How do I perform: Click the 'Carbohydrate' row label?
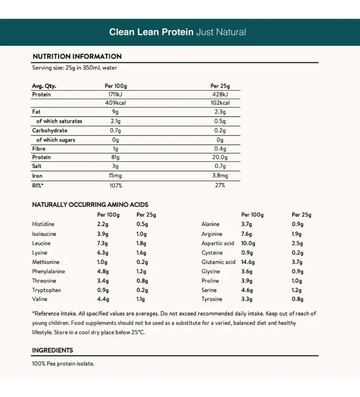[x=51, y=130]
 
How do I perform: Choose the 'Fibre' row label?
[x=39, y=148]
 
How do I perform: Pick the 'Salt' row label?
[x=38, y=165]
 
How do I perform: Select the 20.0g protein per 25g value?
[x=220, y=157]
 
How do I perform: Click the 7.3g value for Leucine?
[x=102, y=243]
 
